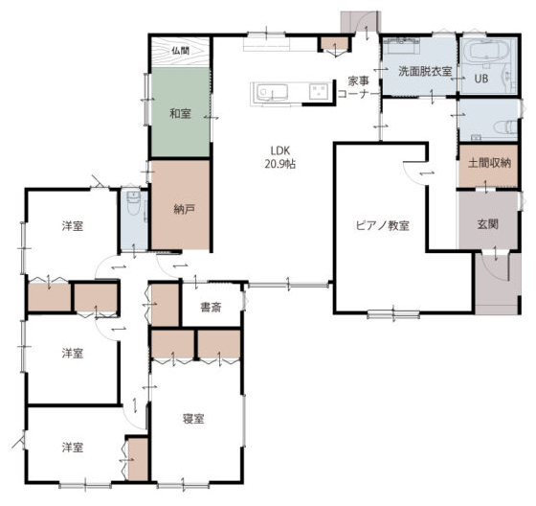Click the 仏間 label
[x=180, y=51]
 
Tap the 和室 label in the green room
[x=180, y=114]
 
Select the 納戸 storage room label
[x=184, y=209]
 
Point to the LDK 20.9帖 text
[x=280, y=157]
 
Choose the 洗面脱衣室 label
[x=425, y=71]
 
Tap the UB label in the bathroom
[x=480, y=79]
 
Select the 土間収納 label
[x=489, y=163]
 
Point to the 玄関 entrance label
[x=487, y=224]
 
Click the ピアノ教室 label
[x=382, y=226]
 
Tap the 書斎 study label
[x=211, y=308]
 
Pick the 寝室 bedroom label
[x=193, y=419]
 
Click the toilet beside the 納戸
[x=133, y=202]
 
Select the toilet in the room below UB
[x=505, y=127]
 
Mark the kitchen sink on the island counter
[x=268, y=92]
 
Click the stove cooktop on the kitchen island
[x=318, y=91]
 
